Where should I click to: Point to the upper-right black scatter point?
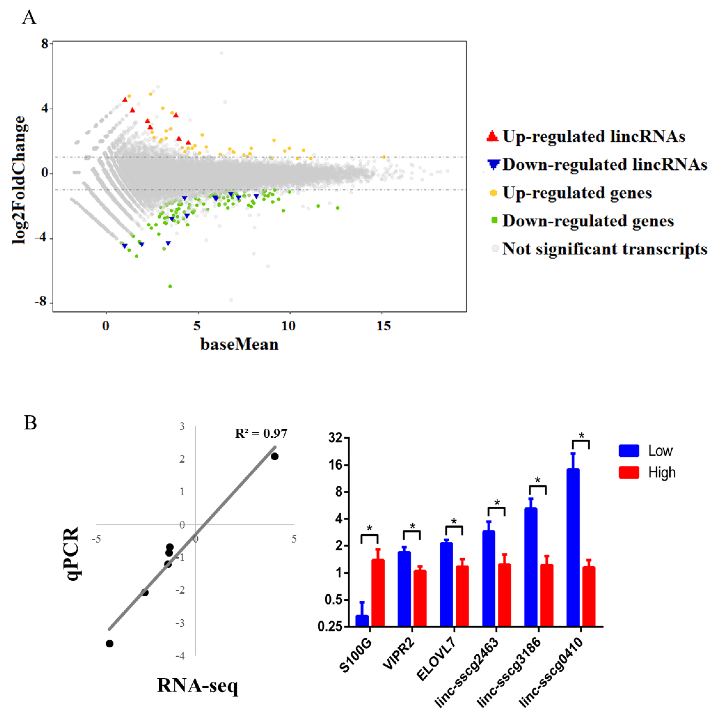point(274,456)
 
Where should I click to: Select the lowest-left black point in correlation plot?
point(109,644)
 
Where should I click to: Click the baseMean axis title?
point(239,344)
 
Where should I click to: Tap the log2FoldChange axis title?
point(19,180)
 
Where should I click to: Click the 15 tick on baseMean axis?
point(383,326)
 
